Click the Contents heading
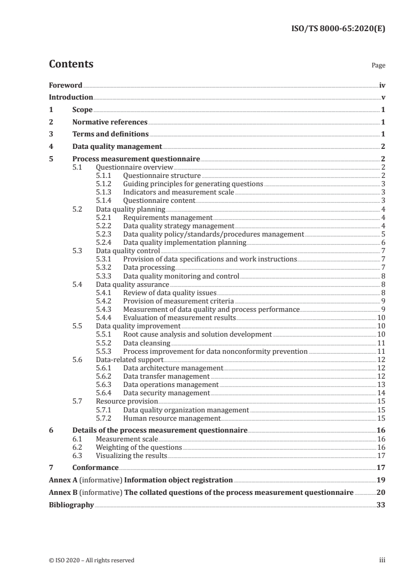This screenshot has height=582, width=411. (71, 64)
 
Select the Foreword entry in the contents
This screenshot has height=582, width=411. (65, 85)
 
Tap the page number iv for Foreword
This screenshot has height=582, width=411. (381, 85)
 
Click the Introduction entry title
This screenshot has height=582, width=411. (71, 97)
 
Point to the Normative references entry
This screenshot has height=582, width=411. (110, 122)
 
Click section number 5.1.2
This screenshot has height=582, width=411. (105, 184)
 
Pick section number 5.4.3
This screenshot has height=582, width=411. (105, 309)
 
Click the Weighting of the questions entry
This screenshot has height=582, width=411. (139, 447)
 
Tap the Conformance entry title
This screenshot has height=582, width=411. (95, 467)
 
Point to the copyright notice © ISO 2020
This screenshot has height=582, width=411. (92, 560)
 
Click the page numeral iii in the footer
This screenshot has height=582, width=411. (382, 560)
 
